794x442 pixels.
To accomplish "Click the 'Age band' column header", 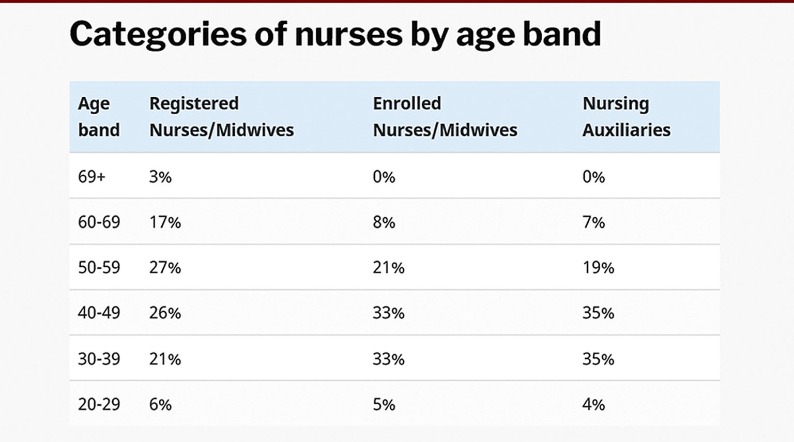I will point(99,117).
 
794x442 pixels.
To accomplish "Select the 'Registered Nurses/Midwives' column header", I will point(221,117).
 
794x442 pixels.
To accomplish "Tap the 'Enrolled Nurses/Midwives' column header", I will point(445,117).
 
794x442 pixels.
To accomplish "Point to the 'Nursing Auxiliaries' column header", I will point(626,117).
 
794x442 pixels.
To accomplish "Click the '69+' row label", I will point(91,177).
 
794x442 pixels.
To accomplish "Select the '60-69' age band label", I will point(99,222).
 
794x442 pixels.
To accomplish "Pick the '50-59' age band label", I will point(99,268).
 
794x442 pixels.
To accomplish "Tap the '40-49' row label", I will point(99,313).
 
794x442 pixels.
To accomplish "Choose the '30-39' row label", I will point(99,359).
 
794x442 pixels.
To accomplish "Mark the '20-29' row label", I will point(99,404).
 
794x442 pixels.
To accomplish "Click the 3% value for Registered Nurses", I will point(160,177).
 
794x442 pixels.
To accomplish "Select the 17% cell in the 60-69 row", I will point(165,222).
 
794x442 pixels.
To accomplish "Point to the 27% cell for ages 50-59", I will point(165,268).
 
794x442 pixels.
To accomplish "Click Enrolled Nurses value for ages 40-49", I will point(388,313).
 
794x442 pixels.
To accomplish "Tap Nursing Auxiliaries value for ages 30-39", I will point(598,359).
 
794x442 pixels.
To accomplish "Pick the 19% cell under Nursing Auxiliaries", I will point(598,268).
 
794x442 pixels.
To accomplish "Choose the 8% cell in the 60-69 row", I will point(384,222).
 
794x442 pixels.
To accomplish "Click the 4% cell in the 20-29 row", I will point(593,404).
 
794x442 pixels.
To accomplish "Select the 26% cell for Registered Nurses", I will point(165,313).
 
